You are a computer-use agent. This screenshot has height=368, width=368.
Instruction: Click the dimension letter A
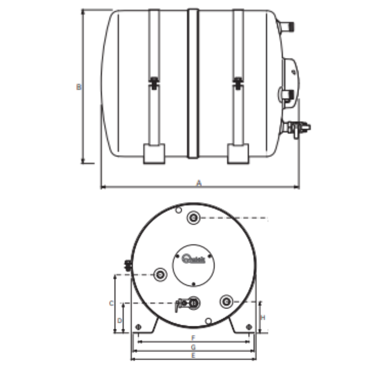[199, 183]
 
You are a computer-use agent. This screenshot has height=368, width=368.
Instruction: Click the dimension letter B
[79, 87]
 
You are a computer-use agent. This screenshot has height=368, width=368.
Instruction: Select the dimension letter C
[111, 303]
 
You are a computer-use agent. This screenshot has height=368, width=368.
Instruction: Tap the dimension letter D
[119, 321]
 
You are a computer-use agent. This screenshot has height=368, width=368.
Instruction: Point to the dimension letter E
[193, 355]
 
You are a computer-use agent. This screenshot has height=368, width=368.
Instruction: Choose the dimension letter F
[193, 338]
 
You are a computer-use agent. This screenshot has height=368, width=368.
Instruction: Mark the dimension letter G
[193, 347]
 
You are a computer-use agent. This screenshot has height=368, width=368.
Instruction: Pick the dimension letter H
[263, 318]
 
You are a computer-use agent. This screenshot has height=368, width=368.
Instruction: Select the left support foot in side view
[154, 153]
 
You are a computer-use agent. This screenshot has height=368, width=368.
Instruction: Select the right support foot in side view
[238, 153]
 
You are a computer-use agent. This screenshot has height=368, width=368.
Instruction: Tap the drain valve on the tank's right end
[298, 128]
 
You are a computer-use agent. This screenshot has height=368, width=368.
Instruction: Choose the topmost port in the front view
[194, 217]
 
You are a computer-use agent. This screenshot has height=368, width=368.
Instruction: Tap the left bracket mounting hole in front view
[138, 327]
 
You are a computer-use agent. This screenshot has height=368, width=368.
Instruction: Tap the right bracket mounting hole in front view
[249, 327]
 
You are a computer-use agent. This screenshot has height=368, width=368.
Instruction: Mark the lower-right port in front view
[226, 301]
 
